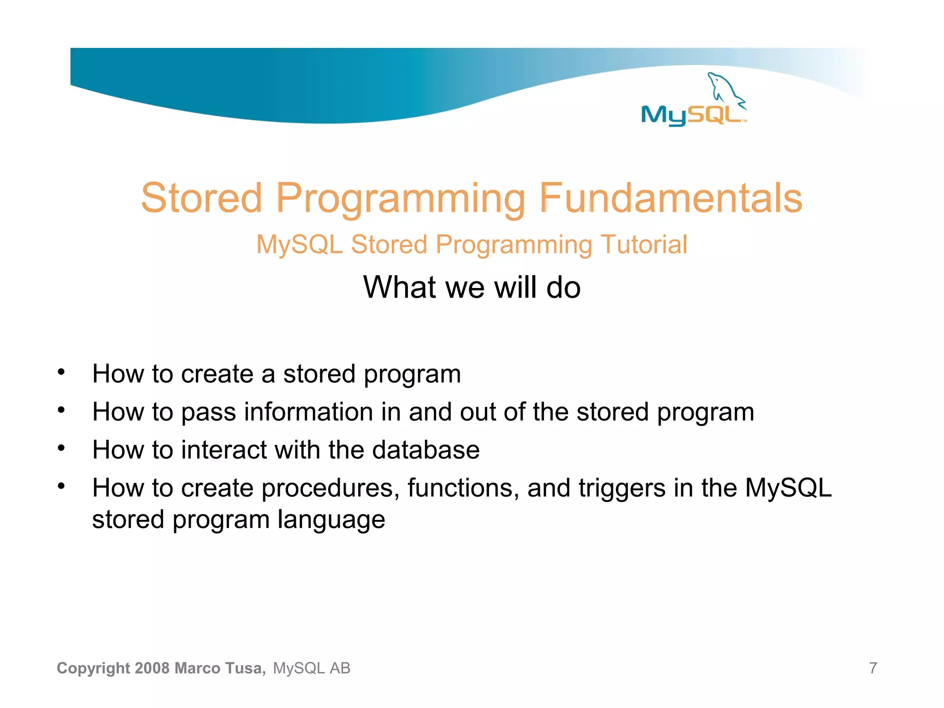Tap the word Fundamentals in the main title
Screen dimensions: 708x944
pyautogui.click(x=671, y=198)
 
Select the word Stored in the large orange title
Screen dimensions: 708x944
pyautogui.click(x=201, y=198)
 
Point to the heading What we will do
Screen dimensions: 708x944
pyautogui.click(x=472, y=287)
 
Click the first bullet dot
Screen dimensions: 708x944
pyautogui.click(x=61, y=372)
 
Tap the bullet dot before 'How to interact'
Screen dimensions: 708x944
pyautogui.click(x=61, y=448)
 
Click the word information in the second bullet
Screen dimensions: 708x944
pyautogui.click(x=308, y=412)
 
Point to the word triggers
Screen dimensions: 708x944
pyautogui.click(x=622, y=488)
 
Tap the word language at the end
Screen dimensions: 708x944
pyautogui.click(x=331, y=520)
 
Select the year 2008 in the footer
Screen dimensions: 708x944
pyautogui.click(x=153, y=668)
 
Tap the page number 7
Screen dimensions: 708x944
pyautogui.click(x=873, y=668)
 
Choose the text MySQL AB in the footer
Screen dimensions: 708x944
pyautogui.click(x=312, y=668)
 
